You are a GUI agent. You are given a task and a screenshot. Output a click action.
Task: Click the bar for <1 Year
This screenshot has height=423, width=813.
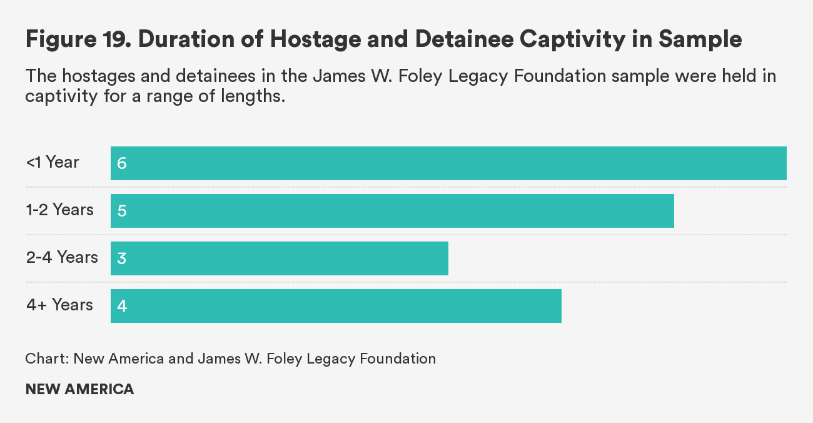tap(448, 163)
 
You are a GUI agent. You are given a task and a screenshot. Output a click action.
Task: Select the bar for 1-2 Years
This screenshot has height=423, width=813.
tap(392, 211)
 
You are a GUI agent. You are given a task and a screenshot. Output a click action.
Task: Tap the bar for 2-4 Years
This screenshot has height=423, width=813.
tap(280, 258)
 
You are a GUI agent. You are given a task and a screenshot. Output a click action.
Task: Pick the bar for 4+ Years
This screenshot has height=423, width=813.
tap(336, 306)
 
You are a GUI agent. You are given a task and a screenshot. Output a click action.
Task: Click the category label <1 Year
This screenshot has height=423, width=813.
tap(53, 163)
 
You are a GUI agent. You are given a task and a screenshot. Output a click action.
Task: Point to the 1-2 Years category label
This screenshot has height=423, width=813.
tap(60, 210)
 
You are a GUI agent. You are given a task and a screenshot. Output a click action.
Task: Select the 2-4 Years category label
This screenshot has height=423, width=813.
tap(62, 258)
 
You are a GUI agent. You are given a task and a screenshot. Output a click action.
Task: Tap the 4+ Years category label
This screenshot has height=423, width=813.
tap(59, 305)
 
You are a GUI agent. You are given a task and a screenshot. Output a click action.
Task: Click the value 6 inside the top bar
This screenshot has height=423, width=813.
tap(121, 164)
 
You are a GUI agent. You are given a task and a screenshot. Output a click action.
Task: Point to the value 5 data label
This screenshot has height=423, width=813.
tap(121, 211)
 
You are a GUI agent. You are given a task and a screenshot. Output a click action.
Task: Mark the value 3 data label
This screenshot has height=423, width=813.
tap(121, 259)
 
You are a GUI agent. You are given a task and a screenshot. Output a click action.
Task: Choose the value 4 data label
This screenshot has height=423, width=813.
tap(121, 307)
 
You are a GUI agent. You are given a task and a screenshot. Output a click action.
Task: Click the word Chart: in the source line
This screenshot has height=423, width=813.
tap(47, 359)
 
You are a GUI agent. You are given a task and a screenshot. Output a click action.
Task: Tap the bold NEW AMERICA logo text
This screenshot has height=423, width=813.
tap(79, 389)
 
